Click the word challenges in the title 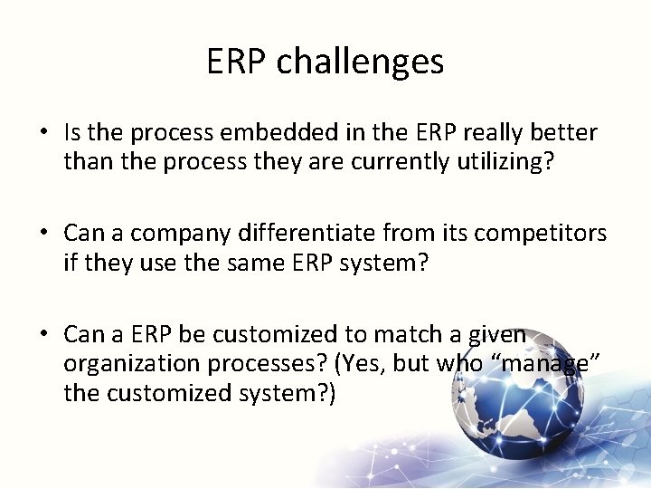[360, 62]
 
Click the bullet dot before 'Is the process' [43, 134]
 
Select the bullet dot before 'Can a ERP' [43, 335]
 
